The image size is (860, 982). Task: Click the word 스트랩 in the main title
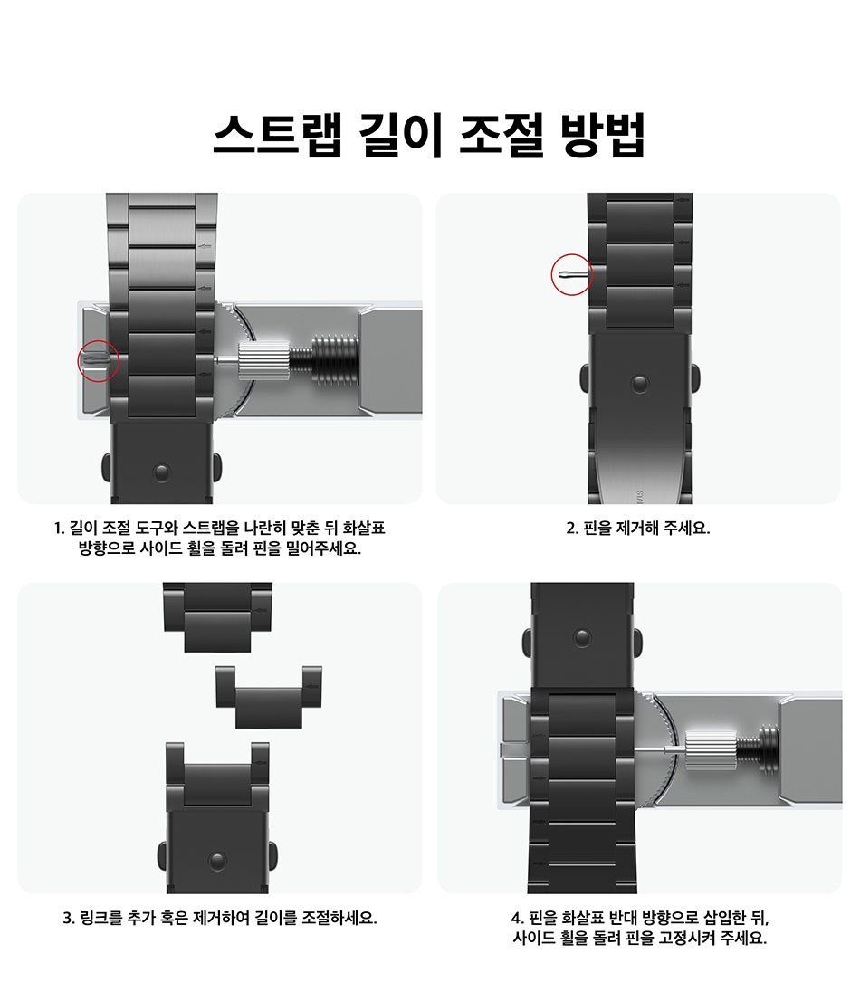coord(277,135)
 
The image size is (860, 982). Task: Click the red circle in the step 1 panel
coord(99,361)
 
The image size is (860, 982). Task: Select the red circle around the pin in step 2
coord(572,274)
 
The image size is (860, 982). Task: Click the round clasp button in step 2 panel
coord(639,383)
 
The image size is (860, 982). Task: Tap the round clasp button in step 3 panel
coord(217,861)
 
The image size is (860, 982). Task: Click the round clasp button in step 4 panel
coord(582,637)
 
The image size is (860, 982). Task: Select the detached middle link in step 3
coord(269,697)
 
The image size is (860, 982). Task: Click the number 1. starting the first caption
coord(60,529)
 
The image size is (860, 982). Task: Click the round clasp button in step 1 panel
coord(162,472)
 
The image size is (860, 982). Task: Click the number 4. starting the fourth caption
coord(517,919)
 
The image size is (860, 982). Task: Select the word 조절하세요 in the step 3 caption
coord(339,918)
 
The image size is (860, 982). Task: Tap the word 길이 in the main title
coord(400,135)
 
